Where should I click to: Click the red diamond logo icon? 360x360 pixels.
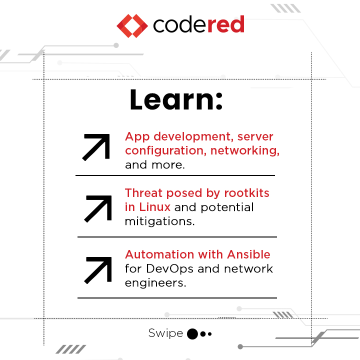(132, 25)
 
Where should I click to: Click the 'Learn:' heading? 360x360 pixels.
(175, 100)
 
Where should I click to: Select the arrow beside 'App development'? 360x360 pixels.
(96, 147)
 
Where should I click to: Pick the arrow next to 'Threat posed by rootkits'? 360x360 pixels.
(98, 207)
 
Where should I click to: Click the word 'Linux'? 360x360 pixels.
(153, 206)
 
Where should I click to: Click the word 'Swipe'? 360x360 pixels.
(165, 333)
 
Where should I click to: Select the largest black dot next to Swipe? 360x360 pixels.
(192, 334)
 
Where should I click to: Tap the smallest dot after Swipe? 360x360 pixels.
(210, 334)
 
